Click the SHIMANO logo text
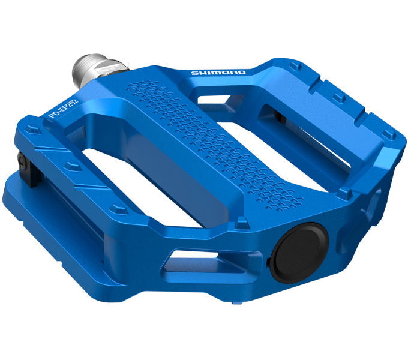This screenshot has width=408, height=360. coord(218,73)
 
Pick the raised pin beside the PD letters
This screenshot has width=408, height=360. coord(35,128)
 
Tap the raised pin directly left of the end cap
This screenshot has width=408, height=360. coord(242,224)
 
